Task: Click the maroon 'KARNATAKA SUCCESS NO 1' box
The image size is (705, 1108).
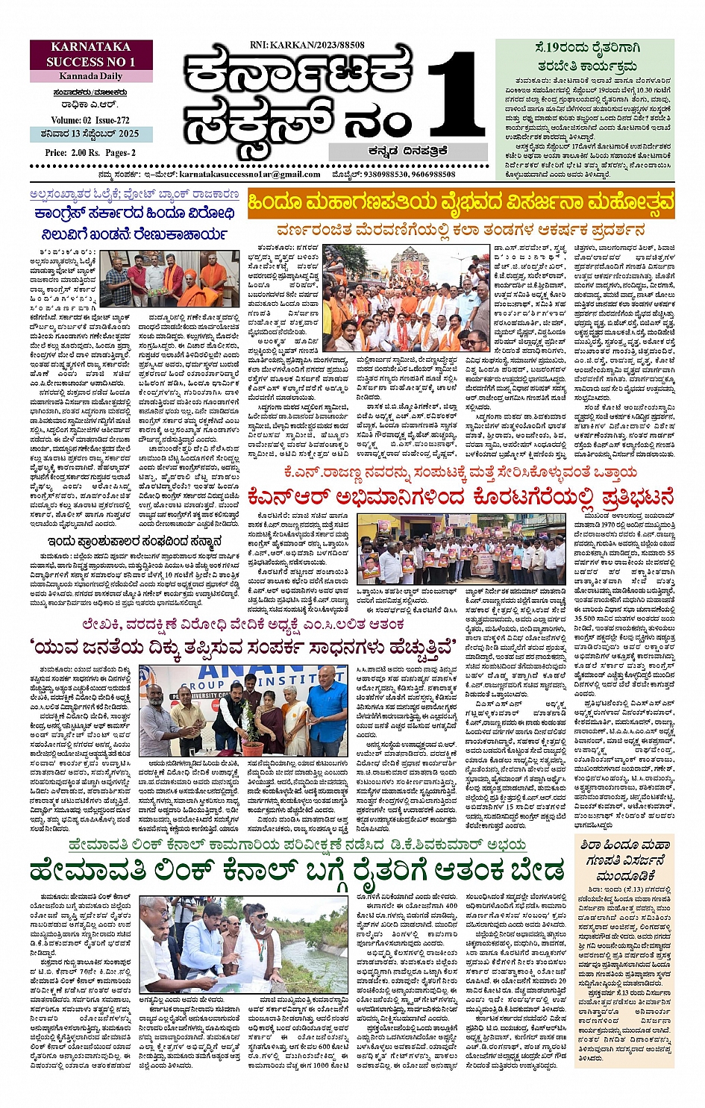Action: [91, 54]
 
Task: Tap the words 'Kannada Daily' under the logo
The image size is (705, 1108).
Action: [91, 76]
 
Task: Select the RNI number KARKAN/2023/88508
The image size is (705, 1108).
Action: [307, 46]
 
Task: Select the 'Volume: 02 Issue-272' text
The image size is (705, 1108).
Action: [90, 120]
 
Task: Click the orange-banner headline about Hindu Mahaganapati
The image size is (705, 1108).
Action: [460, 203]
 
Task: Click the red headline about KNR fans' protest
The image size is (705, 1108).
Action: [460, 496]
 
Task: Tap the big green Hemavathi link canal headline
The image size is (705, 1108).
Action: [297, 871]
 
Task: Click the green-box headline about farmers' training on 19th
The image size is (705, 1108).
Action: [584, 56]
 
